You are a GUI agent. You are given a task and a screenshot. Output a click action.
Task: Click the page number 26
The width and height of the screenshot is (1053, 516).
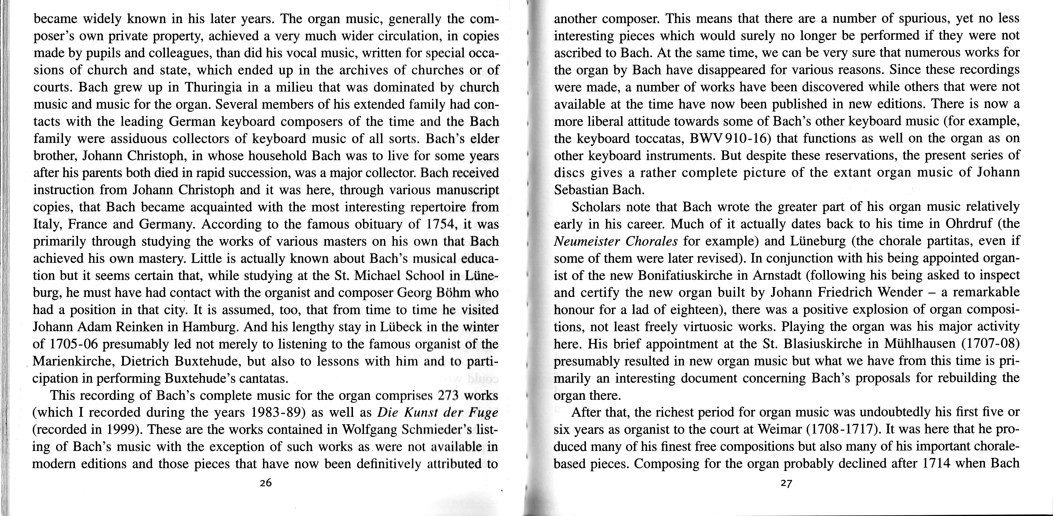(x=266, y=483)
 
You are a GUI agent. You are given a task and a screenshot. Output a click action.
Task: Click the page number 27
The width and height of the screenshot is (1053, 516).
(x=786, y=483)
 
